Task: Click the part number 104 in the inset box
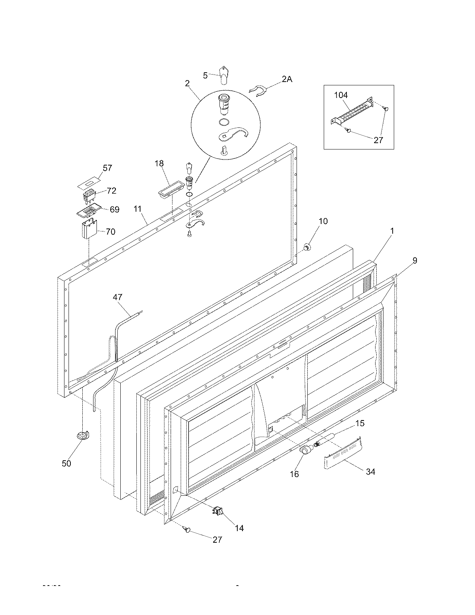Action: click(x=341, y=95)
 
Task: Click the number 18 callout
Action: click(x=159, y=163)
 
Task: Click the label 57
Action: click(x=107, y=168)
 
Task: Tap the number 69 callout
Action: click(x=114, y=209)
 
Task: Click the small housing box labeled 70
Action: click(x=89, y=230)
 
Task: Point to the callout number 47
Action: click(x=118, y=297)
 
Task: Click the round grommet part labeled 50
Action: click(x=83, y=435)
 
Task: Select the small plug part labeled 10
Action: click(x=307, y=246)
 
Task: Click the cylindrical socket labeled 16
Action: click(x=305, y=451)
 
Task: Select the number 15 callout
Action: click(x=360, y=423)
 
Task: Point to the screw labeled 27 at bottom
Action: click(x=188, y=530)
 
